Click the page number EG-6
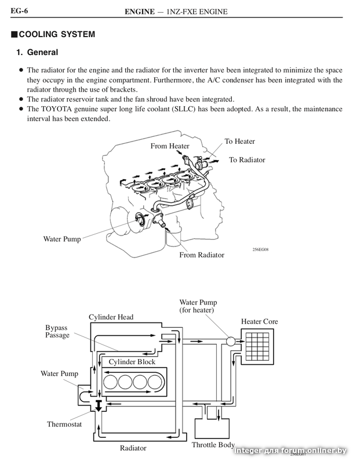[x=19, y=11]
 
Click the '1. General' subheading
[x=37, y=52]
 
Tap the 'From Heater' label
[x=170, y=146]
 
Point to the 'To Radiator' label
[x=247, y=160]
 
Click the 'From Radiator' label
[x=202, y=255]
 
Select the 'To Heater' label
[x=239, y=141]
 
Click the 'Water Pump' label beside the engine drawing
[x=62, y=239]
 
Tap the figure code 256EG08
[x=261, y=249]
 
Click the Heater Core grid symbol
[x=257, y=346]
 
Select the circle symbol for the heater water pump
[x=231, y=341]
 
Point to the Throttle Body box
[x=212, y=429]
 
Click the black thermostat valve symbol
[x=99, y=405]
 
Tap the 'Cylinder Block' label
[x=132, y=362]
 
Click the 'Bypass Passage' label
[x=57, y=331]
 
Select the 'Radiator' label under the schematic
[x=133, y=448]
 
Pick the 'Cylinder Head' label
[x=111, y=317]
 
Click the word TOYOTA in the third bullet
[x=56, y=109]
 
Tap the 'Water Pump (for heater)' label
[x=198, y=306]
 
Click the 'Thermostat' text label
[x=64, y=424]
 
